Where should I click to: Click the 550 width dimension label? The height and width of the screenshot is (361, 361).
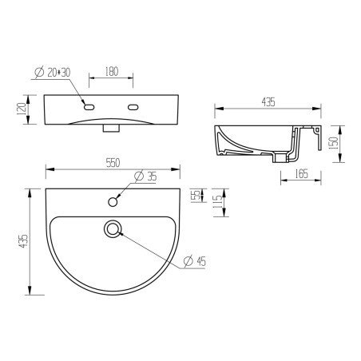pyautogui.click(x=113, y=162)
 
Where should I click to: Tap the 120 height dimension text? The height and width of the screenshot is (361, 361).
pyautogui.click(x=23, y=110)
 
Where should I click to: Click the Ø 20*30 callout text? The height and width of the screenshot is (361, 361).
pyautogui.click(x=52, y=73)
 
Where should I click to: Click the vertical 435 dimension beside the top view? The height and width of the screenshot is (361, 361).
pyautogui.click(x=23, y=240)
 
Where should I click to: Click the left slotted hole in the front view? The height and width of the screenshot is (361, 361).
pyautogui.click(x=89, y=107)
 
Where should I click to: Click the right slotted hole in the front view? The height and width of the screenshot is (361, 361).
pyautogui.click(x=133, y=107)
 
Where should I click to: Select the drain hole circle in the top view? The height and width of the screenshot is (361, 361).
pyautogui.click(x=113, y=230)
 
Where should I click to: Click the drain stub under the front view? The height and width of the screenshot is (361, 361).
pyautogui.click(x=112, y=128)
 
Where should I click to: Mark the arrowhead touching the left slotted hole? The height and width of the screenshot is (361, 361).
pyautogui.click(x=84, y=103)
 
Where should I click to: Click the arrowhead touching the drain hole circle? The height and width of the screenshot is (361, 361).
pyautogui.click(x=120, y=234)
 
